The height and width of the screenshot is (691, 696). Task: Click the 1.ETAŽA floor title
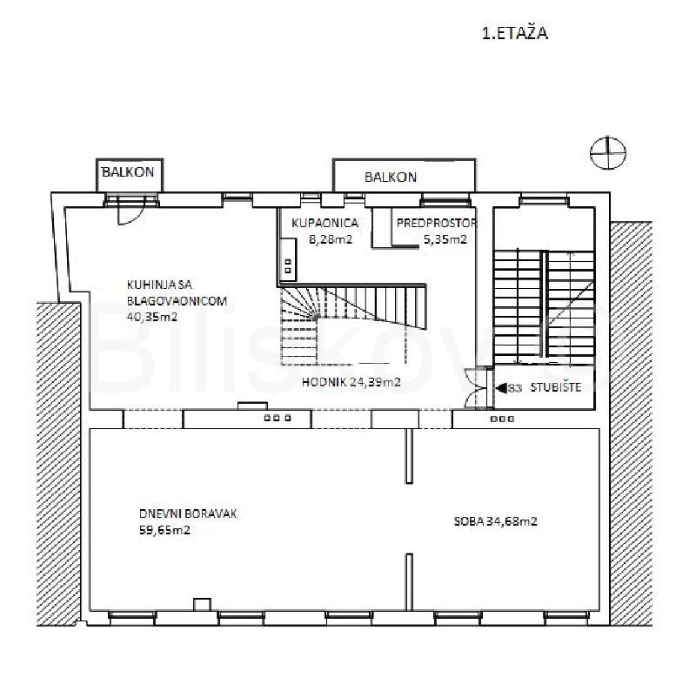[514, 33]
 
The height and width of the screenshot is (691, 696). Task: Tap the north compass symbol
[607, 152]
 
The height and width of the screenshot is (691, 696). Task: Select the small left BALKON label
[128, 171]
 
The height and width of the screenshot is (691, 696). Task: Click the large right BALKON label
[391, 178]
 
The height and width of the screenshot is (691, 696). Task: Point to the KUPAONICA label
[325, 223]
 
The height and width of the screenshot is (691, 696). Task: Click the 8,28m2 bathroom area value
[331, 239]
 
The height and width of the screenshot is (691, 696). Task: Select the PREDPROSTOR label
[437, 223]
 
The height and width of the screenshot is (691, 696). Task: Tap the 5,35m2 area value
[445, 239]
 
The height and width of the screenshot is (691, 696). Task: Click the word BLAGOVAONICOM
[177, 300]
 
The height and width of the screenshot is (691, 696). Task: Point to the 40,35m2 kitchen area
[152, 317]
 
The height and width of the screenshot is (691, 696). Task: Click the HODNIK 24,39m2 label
[351, 382]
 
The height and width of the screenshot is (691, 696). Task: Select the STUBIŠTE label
[556, 387]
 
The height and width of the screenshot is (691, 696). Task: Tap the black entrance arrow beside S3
[502, 388]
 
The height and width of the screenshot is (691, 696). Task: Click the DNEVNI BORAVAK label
[188, 513]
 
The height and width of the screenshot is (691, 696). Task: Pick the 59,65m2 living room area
[164, 530]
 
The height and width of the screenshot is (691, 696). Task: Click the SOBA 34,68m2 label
[495, 521]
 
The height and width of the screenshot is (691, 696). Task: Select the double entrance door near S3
[476, 387]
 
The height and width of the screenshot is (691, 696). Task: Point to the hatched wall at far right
[631, 423]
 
